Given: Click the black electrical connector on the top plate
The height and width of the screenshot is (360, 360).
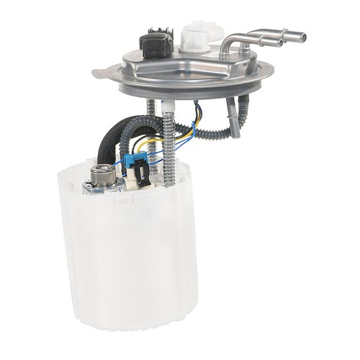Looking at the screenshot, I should coord(156,45).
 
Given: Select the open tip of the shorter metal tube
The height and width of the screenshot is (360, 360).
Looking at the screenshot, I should coord(279,42).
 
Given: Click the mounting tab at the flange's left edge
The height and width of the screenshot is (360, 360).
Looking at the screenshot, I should coord(101,71).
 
